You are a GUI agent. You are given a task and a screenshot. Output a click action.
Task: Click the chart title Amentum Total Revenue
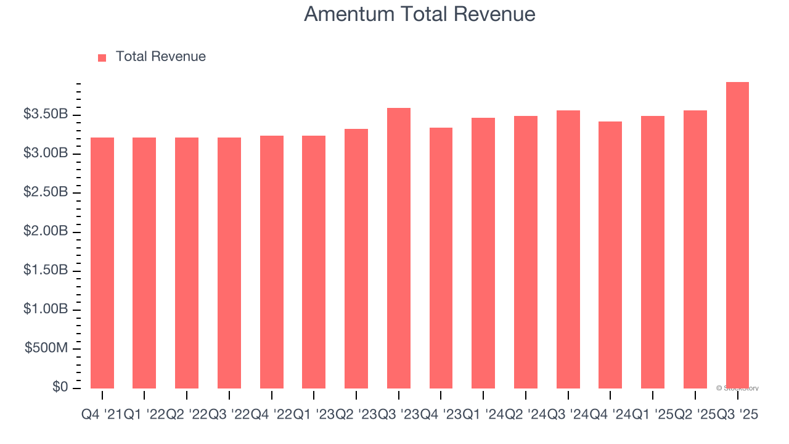pyautogui.click(x=419, y=14)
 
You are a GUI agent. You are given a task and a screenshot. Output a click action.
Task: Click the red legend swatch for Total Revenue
pyautogui.click(x=102, y=57)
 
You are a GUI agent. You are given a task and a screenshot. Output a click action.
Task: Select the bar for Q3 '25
pyautogui.click(x=737, y=234)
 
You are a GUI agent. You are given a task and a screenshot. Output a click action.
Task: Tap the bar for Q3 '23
pyautogui.click(x=398, y=248)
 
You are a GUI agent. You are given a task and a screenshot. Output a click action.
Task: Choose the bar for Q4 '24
pyautogui.click(x=610, y=255)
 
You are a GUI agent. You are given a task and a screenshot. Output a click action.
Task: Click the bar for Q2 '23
pyautogui.click(x=356, y=258)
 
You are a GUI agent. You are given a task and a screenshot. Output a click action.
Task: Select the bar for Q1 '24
pyautogui.click(x=483, y=253)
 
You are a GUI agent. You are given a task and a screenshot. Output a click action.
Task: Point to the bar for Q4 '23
pyautogui.click(x=441, y=258)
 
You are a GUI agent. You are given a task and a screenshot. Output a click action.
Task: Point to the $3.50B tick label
pyautogui.click(x=46, y=115)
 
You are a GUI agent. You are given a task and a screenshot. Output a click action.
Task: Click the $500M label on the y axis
pyautogui.click(x=46, y=348)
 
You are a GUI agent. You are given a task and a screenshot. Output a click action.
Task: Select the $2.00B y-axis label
pyautogui.click(x=46, y=231)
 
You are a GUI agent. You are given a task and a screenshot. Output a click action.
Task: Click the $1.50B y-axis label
pyautogui.click(x=46, y=271)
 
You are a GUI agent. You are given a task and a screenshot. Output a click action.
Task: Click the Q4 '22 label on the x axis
pyautogui.click(x=272, y=415)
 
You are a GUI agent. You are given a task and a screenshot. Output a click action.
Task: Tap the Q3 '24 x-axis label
pyautogui.click(x=568, y=415)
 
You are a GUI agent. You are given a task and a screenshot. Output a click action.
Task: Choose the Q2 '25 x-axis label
pyautogui.click(x=695, y=415)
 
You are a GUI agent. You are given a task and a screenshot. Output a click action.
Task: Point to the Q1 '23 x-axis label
pyautogui.click(x=314, y=415)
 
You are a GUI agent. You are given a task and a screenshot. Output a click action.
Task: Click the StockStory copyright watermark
pyautogui.click(x=737, y=388)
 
